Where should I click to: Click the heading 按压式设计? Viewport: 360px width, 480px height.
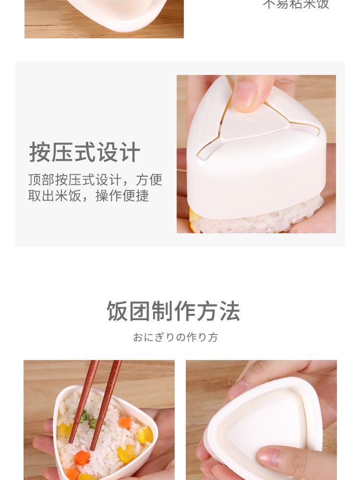pyautogui.click(x=84, y=153)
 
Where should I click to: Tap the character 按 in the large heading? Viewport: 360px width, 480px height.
pyautogui.click(x=40, y=153)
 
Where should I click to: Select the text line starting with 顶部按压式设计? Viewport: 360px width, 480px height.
pyautogui.click(x=95, y=180)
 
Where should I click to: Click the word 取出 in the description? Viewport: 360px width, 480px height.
pyautogui.click(x=41, y=196)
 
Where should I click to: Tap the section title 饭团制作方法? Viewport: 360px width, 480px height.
pyautogui.click(x=173, y=311)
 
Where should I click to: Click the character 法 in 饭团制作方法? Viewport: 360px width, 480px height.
pyautogui.click(x=229, y=311)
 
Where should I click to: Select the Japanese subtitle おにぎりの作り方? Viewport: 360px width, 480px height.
pyautogui.click(x=175, y=337)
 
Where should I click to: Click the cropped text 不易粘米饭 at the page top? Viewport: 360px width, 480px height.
pyautogui.click(x=296, y=4)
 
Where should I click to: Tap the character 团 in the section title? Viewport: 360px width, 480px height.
pyautogui.click(x=139, y=311)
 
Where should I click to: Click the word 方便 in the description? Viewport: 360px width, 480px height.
pyautogui.click(x=149, y=180)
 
